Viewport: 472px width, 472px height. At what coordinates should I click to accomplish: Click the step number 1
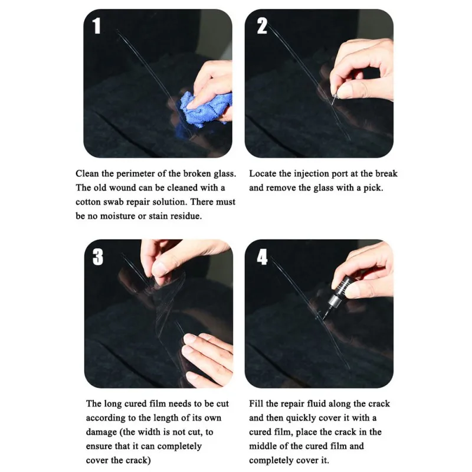pos(96,26)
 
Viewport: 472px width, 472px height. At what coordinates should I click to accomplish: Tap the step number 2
pos(262,26)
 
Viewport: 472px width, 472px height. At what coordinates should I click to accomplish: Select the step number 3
pos(98,257)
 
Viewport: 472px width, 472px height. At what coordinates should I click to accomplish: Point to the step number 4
pos(262,257)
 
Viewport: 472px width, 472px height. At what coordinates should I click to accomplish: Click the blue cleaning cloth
pos(205,109)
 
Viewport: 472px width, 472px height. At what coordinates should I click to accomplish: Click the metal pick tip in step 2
pos(333,100)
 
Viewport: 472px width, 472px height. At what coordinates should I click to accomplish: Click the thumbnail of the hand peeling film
pos(158,313)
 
